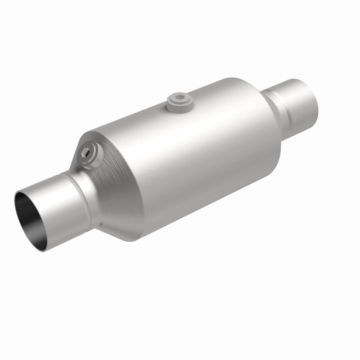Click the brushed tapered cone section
click(x=117, y=189)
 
